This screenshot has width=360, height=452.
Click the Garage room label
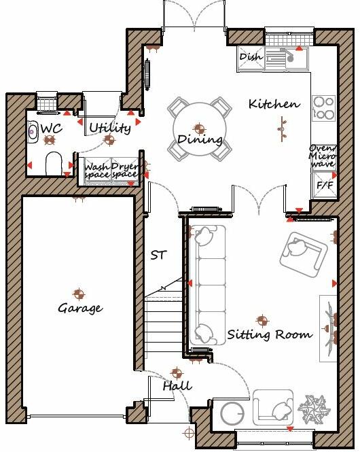click(x=79, y=309)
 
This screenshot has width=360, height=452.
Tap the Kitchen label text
click(x=274, y=104)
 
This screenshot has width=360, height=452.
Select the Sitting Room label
click(x=270, y=334)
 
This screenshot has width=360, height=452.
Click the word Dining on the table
click(x=199, y=140)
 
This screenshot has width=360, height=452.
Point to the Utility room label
click(x=109, y=127)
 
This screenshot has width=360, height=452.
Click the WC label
click(x=52, y=128)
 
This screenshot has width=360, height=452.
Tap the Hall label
click(x=177, y=386)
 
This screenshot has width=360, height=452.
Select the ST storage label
click(x=158, y=256)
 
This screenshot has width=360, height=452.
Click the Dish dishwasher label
click(x=251, y=57)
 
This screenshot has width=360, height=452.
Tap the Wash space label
click(x=96, y=171)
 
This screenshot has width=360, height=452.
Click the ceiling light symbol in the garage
click(x=79, y=294)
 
